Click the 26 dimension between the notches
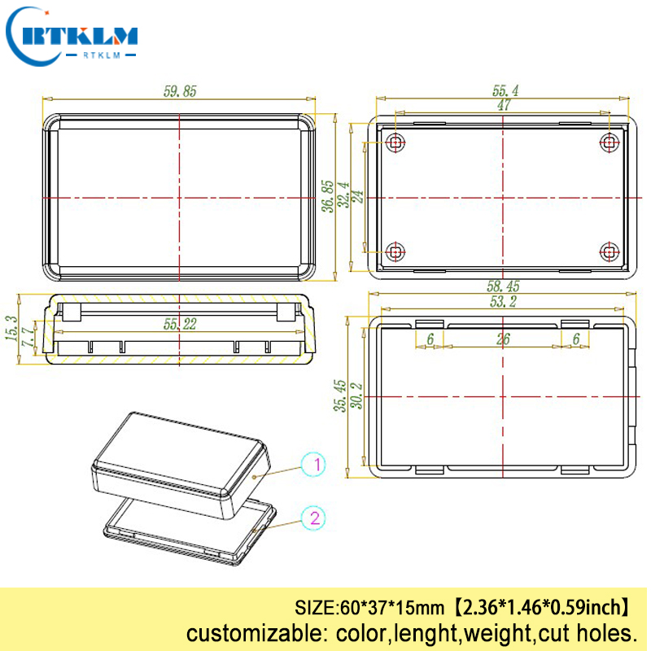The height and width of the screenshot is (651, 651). click(x=503, y=339)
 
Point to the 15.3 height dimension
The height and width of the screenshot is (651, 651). click(x=11, y=328)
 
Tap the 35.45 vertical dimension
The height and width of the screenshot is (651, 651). click(x=341, y=396)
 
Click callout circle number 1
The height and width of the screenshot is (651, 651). click(x=314, y=465)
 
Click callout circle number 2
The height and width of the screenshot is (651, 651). click(x=314, y=518)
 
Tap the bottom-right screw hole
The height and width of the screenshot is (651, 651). click(x=609, y=251)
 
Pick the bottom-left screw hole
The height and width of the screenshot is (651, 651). click(x=395, y=251)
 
